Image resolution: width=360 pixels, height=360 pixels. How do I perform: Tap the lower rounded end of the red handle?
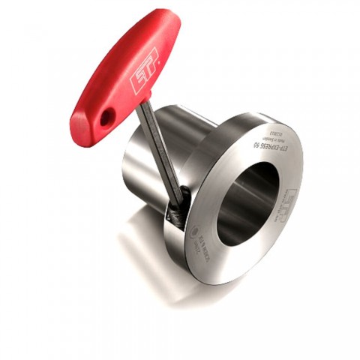[x=86, y=124]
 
